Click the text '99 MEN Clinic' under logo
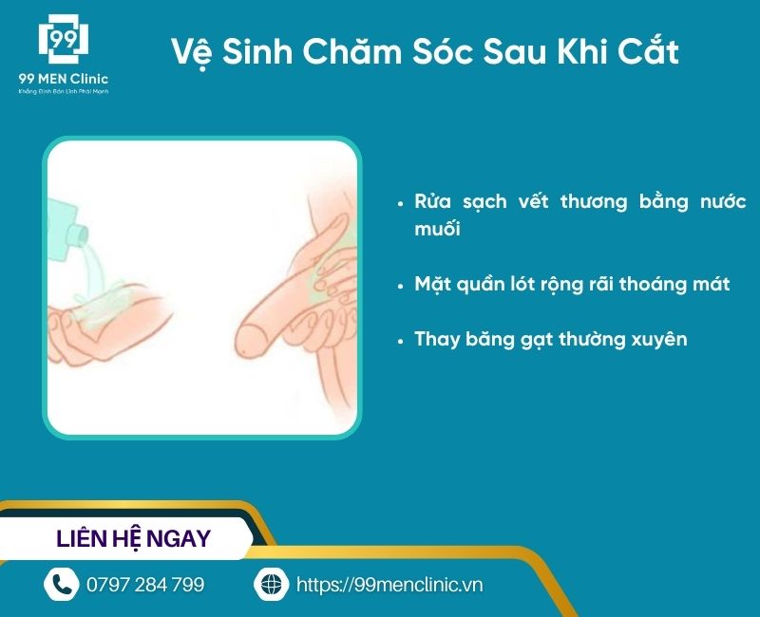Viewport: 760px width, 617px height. (63, 79)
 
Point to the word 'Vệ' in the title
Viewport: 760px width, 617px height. (190, 51)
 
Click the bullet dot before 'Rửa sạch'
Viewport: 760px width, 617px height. (403, 203)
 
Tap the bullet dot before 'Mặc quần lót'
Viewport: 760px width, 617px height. (403, 285)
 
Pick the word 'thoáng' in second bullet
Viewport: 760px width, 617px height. (639, 284)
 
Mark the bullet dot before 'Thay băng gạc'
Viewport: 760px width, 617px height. (403, 340)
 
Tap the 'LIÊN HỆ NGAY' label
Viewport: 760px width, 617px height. (134, 539)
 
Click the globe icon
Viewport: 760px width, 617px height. (271, 584)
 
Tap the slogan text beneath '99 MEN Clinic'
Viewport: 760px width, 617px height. (63, 92)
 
